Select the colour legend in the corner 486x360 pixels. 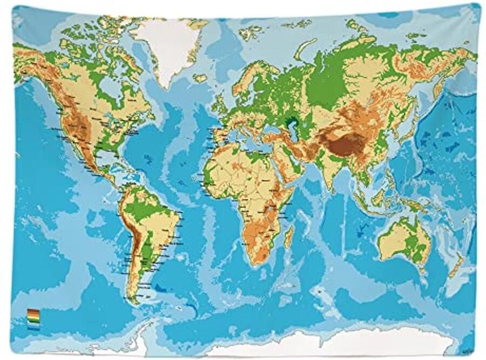33,319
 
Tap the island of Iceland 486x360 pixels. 200,78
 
